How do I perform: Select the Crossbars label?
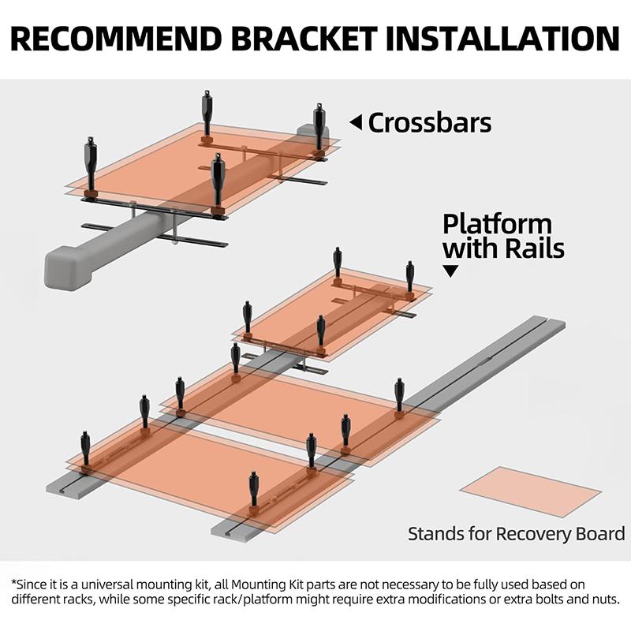[430, 123]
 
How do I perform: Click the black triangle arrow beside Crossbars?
[356, 122]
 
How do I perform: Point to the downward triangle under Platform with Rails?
[451, 271]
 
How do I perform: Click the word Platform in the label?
[497, 224]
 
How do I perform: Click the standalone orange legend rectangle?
[530, 491]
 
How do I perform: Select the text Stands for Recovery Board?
[516, 534]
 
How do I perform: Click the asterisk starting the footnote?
[14, 584]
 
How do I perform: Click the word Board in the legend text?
[602, 534]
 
